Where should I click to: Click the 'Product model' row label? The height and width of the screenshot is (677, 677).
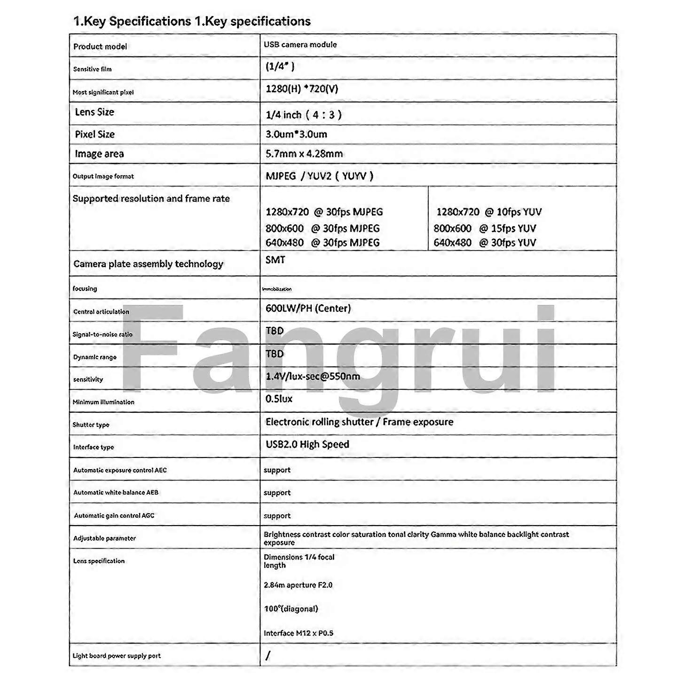(100, 47)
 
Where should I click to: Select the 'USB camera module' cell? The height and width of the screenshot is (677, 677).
(300, 45)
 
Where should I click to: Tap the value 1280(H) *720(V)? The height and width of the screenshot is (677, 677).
(302, 89)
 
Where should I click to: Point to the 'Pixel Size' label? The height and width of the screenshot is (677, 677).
(94, 134)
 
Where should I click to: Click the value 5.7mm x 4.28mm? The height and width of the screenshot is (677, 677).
(304, 154)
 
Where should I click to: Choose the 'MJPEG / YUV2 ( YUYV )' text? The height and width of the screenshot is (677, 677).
(319, 176)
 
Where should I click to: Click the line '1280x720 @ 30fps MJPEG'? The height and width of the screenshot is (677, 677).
(324, 212)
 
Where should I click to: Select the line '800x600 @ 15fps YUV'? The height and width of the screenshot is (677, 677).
(485, 228)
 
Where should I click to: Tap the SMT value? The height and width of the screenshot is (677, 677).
(275, 260)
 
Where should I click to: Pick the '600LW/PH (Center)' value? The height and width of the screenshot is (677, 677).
(308, 308)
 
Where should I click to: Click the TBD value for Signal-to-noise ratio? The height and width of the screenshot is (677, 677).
(275, 331)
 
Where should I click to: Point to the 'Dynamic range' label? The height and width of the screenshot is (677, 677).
(95, 357)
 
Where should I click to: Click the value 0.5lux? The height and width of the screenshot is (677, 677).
(279, 399)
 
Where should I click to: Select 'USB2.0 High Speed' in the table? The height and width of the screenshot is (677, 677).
(307, 444)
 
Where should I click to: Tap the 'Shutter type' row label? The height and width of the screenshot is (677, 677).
(91, 425)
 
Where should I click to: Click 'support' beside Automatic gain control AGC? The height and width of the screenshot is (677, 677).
(277, 516)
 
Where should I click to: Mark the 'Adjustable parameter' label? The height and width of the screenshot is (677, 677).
(104, 538)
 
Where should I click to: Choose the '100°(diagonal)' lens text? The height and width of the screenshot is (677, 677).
(291, 609)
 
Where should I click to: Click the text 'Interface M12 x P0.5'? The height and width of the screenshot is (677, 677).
(299, 633)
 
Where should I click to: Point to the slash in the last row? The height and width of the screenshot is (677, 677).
(268, 655)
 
